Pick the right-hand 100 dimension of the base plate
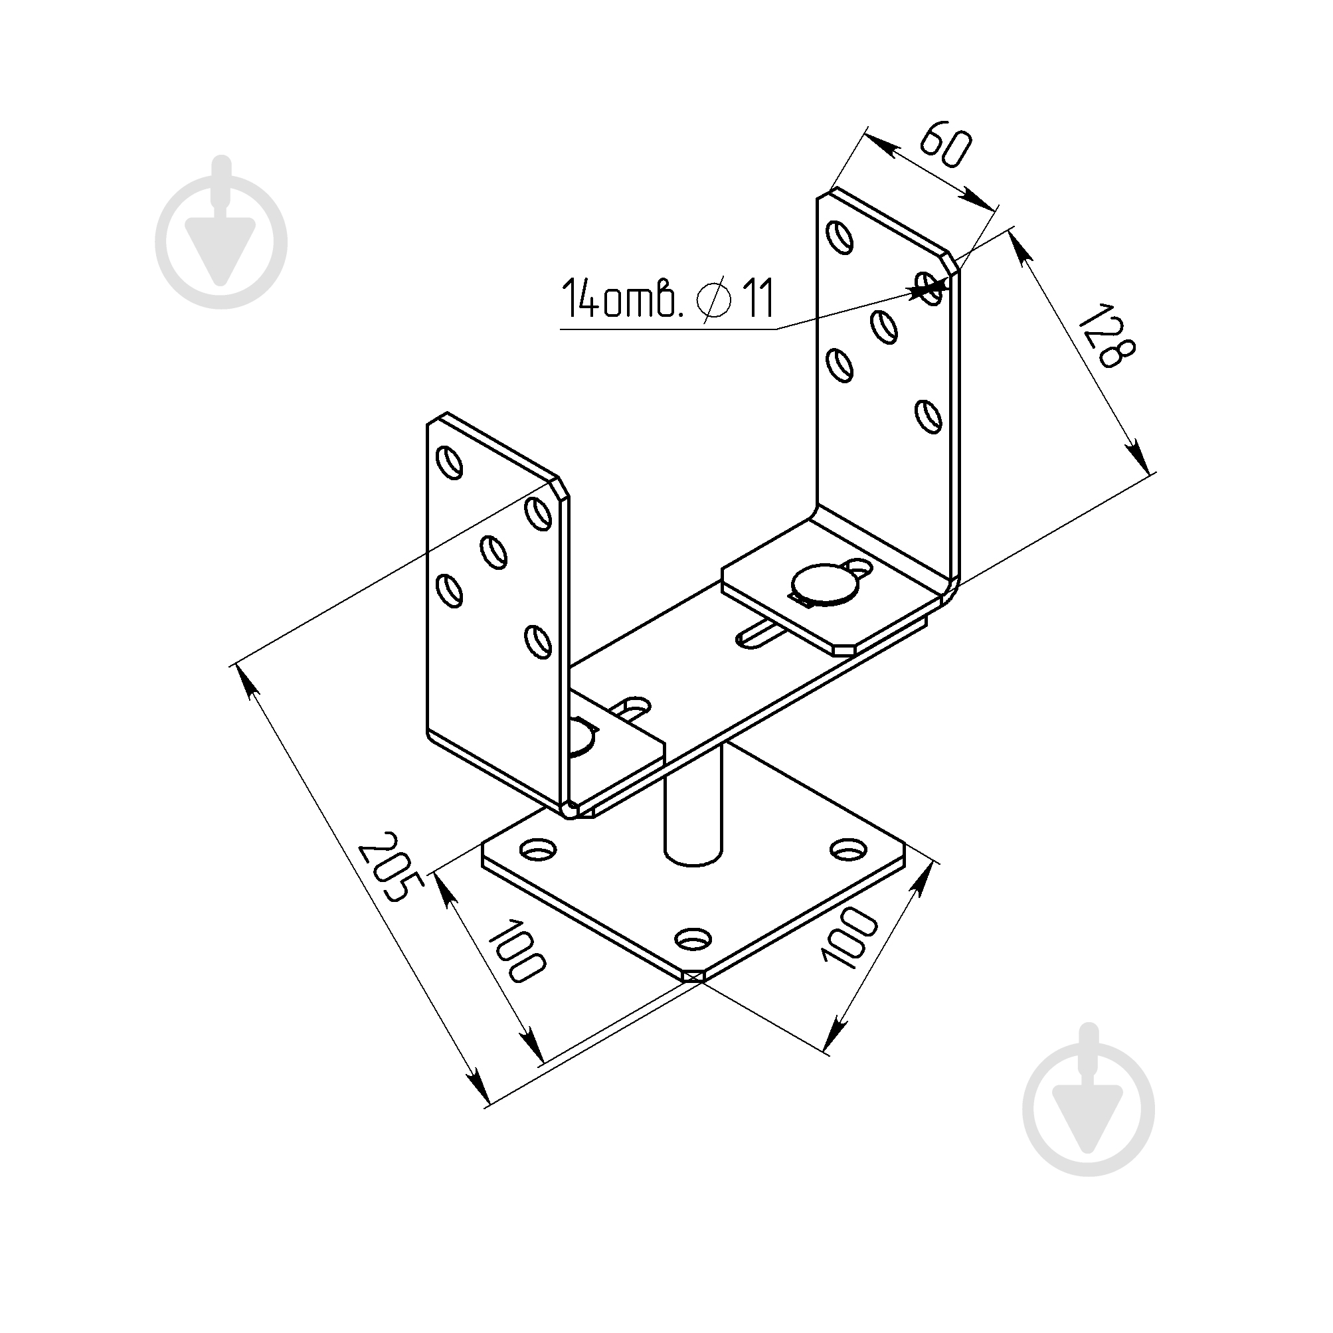848,938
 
